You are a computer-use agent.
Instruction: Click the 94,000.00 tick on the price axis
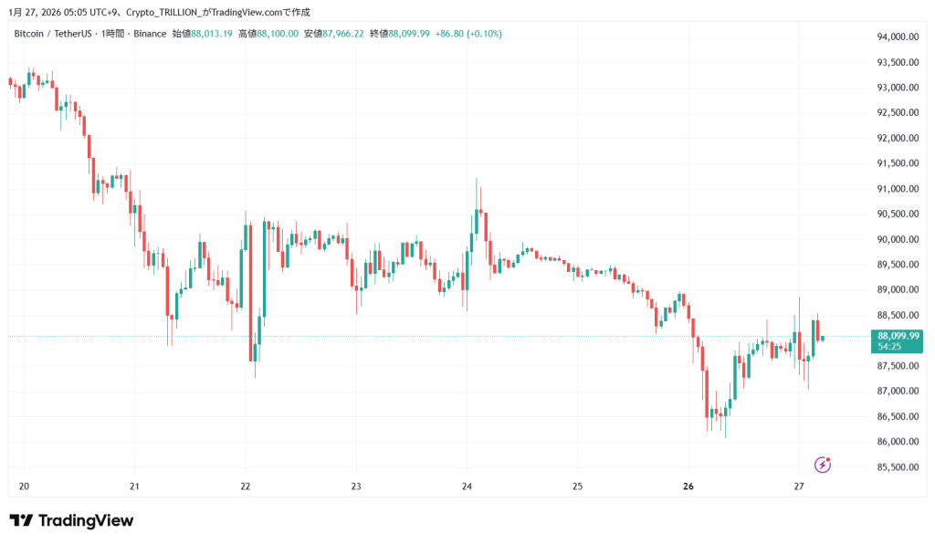coord(898,37)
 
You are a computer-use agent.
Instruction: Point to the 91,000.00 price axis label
coord(898,189)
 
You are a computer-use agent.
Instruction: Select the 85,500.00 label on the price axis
coord(898,467)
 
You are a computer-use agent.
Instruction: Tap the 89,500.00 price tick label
coord(898,265)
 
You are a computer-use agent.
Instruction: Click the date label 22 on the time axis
coord(246,486)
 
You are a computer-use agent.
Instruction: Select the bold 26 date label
coord(688,486)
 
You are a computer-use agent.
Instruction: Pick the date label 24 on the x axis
coord(467,486)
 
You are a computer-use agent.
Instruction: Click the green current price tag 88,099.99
coord(898,336)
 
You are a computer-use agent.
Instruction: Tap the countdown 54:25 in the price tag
coord(889,347)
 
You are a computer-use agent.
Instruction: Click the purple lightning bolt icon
coord(822,465)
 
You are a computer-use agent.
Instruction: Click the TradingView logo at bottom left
coord(71,520)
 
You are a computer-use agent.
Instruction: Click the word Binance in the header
coord(150,34)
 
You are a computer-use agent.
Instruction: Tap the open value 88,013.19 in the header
coord(213,34)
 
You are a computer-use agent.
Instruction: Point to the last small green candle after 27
coord(823,338)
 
